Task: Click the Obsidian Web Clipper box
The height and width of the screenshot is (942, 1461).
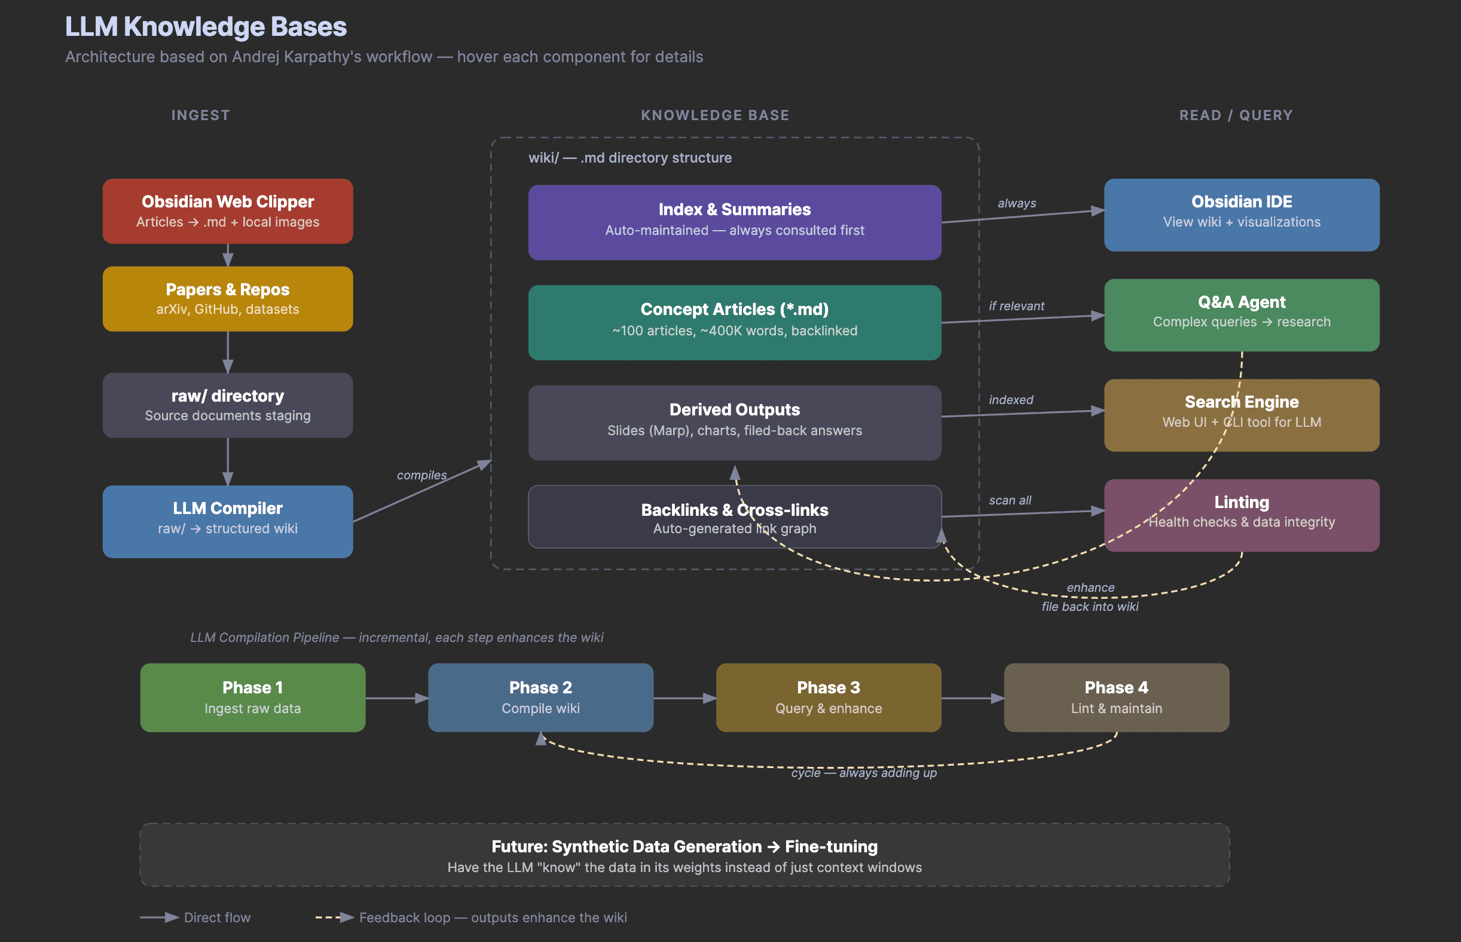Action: [x=228, y=211]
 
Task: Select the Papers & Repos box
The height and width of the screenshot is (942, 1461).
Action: [x=228, y=298]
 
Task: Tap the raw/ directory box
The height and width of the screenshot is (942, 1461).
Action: [x=228, y=405]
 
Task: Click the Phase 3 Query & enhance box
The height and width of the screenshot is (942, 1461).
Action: [x=829, y=698]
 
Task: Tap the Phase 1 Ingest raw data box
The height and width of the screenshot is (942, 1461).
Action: [x=253, y=698]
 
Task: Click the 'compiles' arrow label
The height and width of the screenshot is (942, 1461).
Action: [x=421, y=475]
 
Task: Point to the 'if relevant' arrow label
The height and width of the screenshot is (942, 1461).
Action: [x=1016, y=306]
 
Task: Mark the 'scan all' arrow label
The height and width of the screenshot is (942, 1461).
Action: [x=1010, y=500]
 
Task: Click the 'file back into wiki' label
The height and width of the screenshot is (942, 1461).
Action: [x=1090, y=607]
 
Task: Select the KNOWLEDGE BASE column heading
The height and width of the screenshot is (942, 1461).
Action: [x=714, y=115]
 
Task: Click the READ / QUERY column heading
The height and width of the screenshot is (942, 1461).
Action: [x=1236, y=115]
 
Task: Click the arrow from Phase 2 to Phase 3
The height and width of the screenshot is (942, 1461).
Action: [x=684, y=698]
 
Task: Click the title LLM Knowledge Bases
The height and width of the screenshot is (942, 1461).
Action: [x=206, y=27]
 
